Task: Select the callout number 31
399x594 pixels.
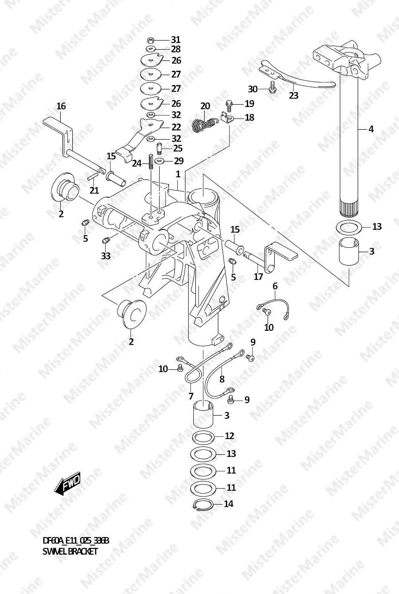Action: [x=175, y=40]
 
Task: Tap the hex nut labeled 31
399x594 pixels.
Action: [x=150, y=40]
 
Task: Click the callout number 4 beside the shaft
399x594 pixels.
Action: [x=371, y=129]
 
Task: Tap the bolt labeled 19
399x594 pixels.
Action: [x=229, y=105]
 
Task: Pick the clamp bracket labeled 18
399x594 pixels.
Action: [x=226, y=117]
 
